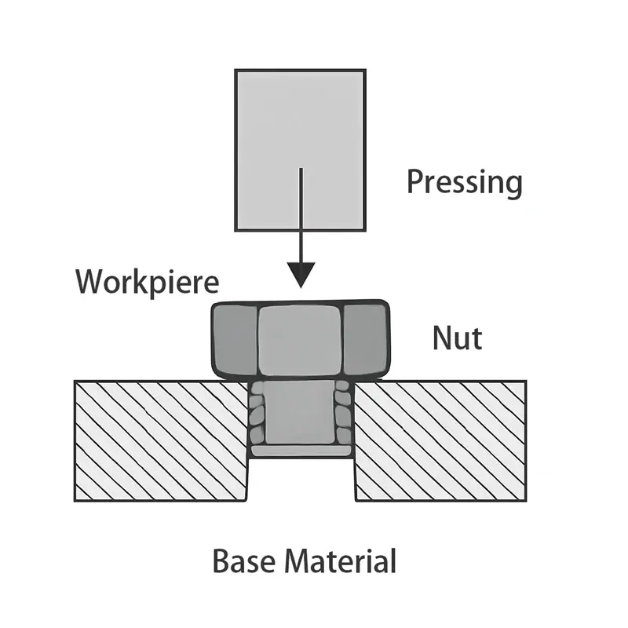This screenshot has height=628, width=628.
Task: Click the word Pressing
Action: click(x=464, y=183)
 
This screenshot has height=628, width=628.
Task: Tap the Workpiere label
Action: click(x=147, y=281)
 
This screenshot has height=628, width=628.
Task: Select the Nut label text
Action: click(x=457, y=338)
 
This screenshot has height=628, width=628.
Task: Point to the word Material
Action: click(x=339, y=562)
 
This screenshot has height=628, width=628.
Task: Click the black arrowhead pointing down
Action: click(x=300, y=275)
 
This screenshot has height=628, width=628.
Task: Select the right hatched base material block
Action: click(x=440, y=440)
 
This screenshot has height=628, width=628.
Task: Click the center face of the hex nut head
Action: click(x=299, y=339)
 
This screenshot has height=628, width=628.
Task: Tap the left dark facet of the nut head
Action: click(x=234, y=339)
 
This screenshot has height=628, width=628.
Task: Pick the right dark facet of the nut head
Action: click(x=365, y=339)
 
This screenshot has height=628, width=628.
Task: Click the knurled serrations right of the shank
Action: click(x=342, y=416)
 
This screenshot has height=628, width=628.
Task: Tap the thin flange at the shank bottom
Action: click(x=300, y=451)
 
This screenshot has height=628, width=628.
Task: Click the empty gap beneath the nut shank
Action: click(x=301, y=479)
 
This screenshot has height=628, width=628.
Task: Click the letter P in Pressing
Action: click(x=415, y=182)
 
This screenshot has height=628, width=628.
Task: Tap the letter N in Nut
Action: click(x=442, y=338)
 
